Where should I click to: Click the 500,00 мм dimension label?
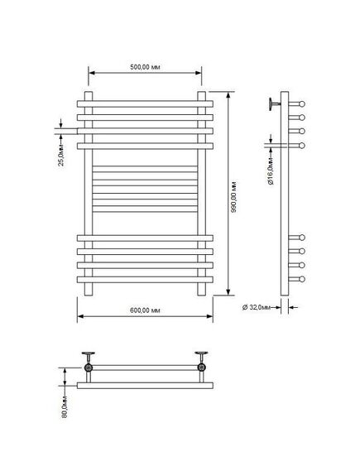pyautogui.click(x=145, y=67)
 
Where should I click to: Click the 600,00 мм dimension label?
pyautogui.click(x=145, y=310)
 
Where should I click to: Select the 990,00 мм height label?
pyautogui.click(x=234, y=197)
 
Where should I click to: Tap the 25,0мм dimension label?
pyautogui.click(x=61, y=155)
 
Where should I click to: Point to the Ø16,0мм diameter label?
pyautogui.click(x=271, y=171)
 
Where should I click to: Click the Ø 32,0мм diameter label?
pyautogui.click(x=257, y=307)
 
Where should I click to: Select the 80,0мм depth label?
pyautogui.click(x=65, y=406)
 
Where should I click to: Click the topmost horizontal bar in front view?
pyautogui.click(x=145, y=104)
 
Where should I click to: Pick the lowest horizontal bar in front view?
pyautogui.click(x=145, y=280)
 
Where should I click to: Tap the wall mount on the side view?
pyautogui.click(x=275, y=104)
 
